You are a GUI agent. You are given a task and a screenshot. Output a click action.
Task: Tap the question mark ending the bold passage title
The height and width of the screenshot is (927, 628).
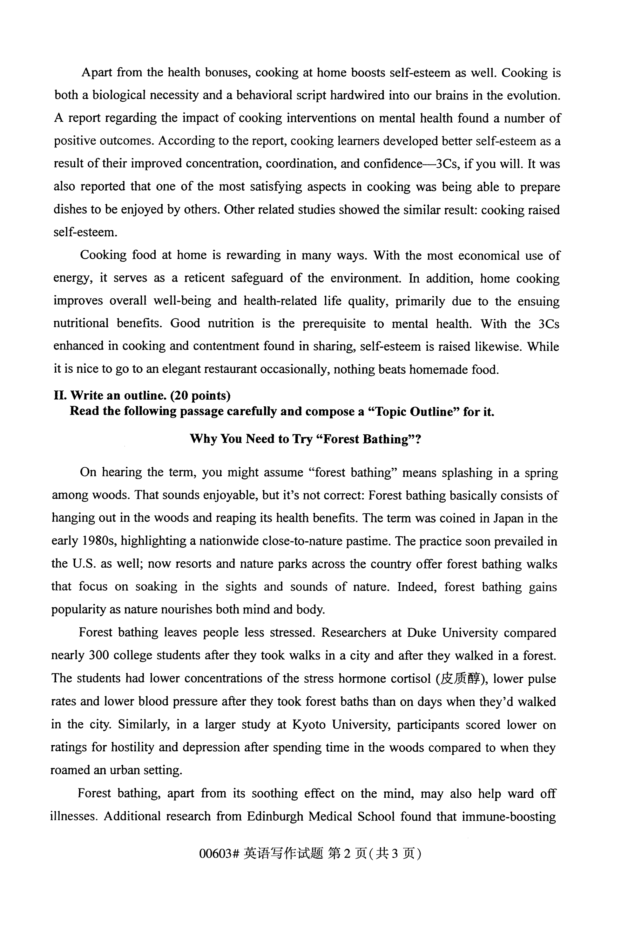pos(418,439)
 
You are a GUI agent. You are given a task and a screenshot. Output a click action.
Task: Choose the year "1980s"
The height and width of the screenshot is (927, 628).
pos(98,541)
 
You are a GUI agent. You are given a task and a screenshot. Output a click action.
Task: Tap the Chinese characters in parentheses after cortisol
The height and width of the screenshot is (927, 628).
pos(462,679)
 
